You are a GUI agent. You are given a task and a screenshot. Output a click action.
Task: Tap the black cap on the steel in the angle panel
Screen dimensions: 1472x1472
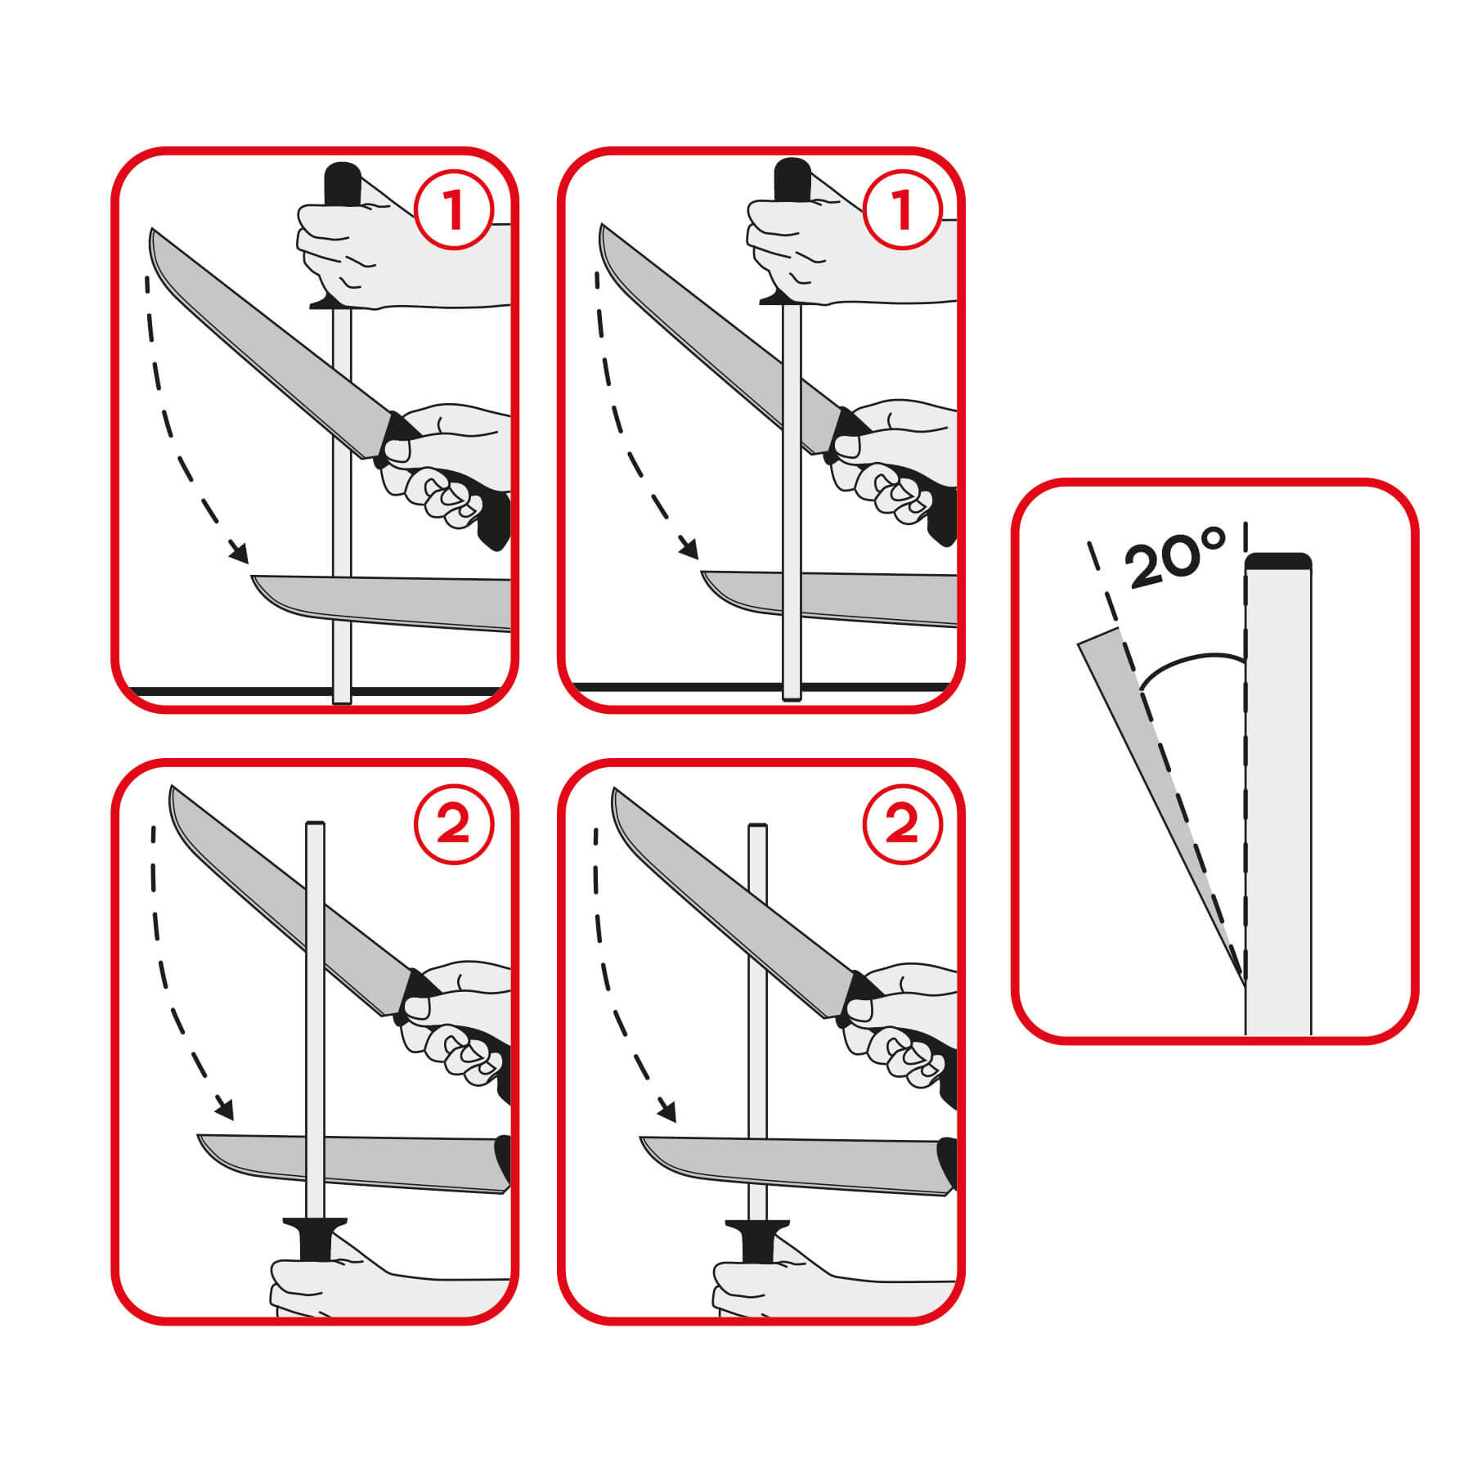tap(1278, 561)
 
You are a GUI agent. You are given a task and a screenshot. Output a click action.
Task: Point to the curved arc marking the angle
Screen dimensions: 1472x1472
tap(1190, 667)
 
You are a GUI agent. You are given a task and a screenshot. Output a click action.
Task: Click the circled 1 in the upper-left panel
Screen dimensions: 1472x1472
tap(453, 209)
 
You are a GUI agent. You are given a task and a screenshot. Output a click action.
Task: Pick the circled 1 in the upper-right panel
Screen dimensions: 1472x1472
tap(902, 209)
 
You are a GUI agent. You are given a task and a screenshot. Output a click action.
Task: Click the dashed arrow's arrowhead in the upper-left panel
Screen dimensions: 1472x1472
tap(240, 553)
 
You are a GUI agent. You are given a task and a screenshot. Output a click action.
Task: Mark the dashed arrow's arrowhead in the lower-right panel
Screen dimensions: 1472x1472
tap(668, 1111)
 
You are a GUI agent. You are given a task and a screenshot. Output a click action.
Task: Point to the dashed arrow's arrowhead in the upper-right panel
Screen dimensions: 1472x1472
tap(689, 549)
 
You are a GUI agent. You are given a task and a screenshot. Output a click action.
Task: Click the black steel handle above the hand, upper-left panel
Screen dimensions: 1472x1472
tap(343, 186)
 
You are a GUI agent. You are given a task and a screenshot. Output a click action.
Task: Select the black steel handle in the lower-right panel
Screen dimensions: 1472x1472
tap(758, 1241)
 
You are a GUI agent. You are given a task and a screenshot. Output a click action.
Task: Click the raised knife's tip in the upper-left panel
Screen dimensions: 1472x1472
tap(152, 230)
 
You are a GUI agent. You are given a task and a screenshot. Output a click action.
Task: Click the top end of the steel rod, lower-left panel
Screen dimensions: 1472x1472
tap(315, 823)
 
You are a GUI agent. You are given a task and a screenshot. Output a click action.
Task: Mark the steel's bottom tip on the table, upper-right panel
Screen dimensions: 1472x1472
tap(791, 698)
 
